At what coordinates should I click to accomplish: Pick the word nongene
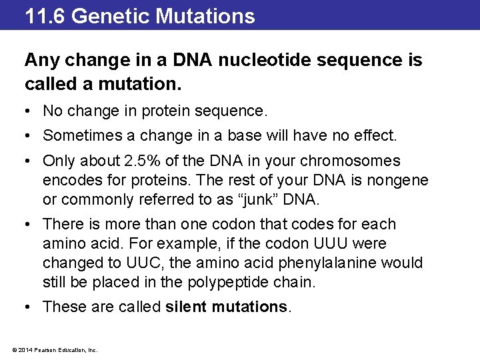(398, 180)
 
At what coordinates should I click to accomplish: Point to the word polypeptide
(233, 282)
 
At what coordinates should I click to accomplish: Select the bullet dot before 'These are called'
(29, 307)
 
